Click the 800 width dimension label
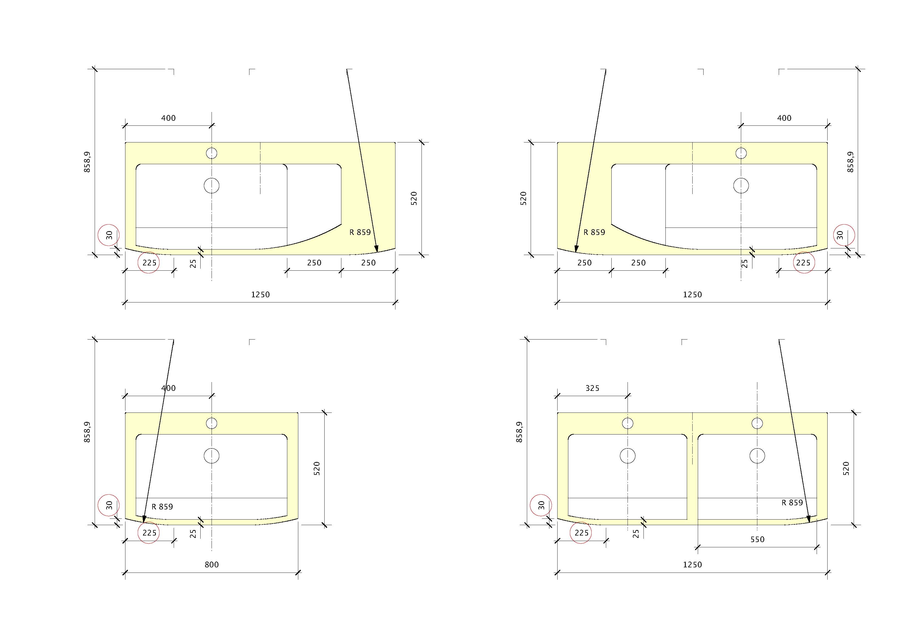tap(212, 565)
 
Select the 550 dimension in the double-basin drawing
tap(757, 539)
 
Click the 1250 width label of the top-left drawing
tap(260, 294)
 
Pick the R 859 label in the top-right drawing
tap(594, 232)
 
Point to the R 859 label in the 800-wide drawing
tap(162, 506)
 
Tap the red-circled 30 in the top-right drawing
tap(840, 235)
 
